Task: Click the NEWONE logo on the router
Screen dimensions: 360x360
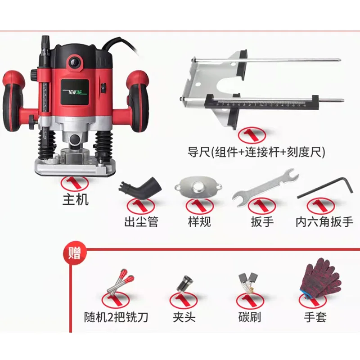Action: click(x=75, y=92)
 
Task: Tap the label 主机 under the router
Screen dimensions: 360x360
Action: click(x=75, y=199)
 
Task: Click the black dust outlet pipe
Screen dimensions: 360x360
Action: click(x=140, y=188)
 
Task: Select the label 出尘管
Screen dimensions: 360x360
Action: click(x=141, y=222)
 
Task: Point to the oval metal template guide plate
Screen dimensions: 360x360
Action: click(x=198, y=188)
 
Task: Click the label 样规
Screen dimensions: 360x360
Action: click(x=199, y=222)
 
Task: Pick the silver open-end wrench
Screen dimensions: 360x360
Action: click(x=265, y=187)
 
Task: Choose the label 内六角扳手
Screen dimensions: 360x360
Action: click(x=324, y=222)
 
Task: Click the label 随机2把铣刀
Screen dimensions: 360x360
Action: click(x=116, y=317)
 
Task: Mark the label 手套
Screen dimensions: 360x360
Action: click(x=315, y=317)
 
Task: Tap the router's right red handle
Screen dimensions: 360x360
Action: click(x=138, y=100)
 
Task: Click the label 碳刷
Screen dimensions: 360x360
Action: click(x=250, y=317)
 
